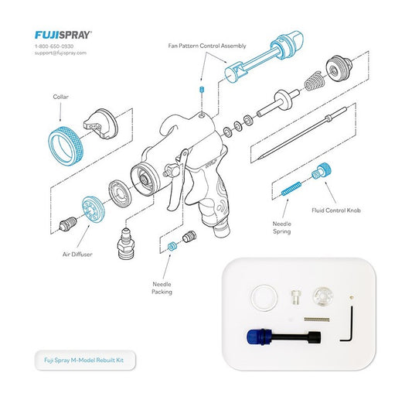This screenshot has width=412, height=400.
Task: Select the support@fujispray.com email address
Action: click(61, 53)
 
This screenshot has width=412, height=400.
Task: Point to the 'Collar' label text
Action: click(61, 97)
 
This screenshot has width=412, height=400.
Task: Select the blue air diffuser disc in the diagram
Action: click(94, 210)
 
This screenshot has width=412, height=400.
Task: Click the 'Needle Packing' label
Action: click(163, 288)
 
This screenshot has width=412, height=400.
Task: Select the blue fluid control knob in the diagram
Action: click(324, 172)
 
